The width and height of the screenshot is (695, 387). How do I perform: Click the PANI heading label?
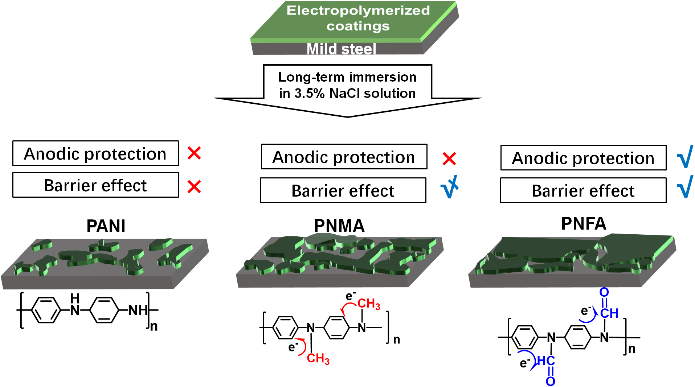coord(106,226)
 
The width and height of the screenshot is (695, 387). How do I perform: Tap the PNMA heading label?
coord(339,226)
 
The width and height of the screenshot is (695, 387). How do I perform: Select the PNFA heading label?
coord(584,223)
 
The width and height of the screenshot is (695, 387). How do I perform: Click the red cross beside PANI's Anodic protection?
coord(194,153)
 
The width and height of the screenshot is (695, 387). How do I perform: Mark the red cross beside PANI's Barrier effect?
coord(194,187)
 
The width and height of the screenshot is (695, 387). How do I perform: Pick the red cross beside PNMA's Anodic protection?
coord(449,158)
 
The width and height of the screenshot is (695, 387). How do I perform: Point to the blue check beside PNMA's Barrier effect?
coord(449,188)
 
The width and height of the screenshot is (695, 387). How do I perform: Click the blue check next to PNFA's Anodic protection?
coord(685,156)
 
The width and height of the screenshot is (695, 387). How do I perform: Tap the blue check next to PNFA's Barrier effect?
coord(685,187)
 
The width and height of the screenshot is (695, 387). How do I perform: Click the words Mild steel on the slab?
coord(341,49)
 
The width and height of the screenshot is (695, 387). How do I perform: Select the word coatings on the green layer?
coord(358,26)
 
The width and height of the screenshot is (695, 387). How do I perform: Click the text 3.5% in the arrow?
coord(309,94)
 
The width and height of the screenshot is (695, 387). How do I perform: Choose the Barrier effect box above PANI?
coord(95,185)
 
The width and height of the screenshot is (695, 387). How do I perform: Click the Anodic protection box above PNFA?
coord(583,158)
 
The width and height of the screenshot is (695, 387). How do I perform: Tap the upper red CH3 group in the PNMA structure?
coord(369,304)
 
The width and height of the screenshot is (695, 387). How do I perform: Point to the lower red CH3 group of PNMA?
coord(318,358)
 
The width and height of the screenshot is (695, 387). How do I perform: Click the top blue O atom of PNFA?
coord(604,292)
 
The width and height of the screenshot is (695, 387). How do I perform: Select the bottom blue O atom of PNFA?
coord(550,381)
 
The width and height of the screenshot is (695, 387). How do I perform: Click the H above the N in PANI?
coord(75,299)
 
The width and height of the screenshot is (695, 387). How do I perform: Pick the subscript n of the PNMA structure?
coord(397,340)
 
